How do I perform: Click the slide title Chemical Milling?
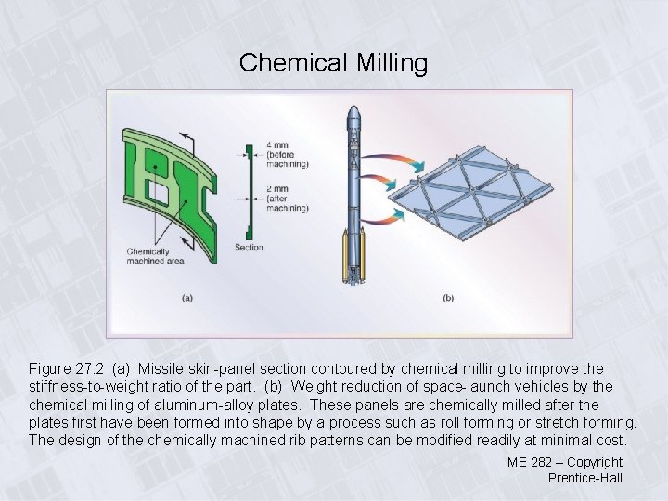point(333,63)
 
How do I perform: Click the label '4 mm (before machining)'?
point(287,154)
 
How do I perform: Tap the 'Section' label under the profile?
point(249,248)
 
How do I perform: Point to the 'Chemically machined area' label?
point(148,256)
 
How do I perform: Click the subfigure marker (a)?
point(186,298)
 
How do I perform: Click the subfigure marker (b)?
point(448,298)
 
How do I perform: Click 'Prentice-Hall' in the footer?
point(584,478)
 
